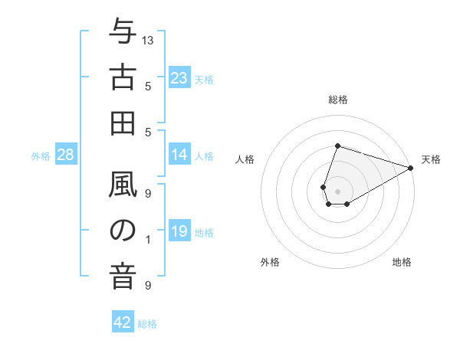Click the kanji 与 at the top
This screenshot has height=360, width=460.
(x=123, y=33)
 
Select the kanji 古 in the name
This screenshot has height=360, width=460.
(x=123, y=78)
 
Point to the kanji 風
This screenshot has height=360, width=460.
(x=123, y=185)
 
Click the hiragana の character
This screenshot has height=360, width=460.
(x=123, y=231)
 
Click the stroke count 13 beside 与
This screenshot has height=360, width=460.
(x=148, y=39)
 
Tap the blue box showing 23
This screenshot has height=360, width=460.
(x=179, y=78)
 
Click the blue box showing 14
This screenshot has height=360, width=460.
(x=179, y=155)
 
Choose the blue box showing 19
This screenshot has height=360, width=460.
(x=179, y=231)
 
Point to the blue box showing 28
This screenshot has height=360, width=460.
(x=66, y=155)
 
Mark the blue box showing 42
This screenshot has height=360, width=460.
(x=123, y=322)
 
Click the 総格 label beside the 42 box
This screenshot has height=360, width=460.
(x=147, y=324)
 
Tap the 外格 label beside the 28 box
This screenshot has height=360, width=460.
(x=41, y=156)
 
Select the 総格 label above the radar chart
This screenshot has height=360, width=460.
(x=337, y=100)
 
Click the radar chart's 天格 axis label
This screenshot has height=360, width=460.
(x=431, y=159)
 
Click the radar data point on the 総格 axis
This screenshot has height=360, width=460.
(x=337, y=146)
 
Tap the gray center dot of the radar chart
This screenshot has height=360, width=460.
(x=337, y=190)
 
